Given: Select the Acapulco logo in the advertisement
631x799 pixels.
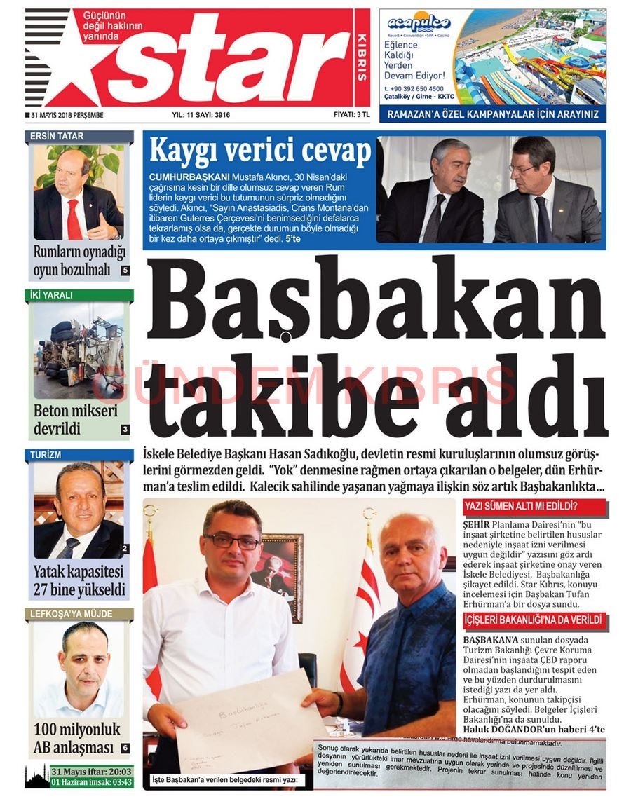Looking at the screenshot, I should tap(419, 24).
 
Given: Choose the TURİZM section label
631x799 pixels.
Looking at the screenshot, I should tap(46, 455).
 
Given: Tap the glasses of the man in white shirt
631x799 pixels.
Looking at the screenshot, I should tap(231, 542).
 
